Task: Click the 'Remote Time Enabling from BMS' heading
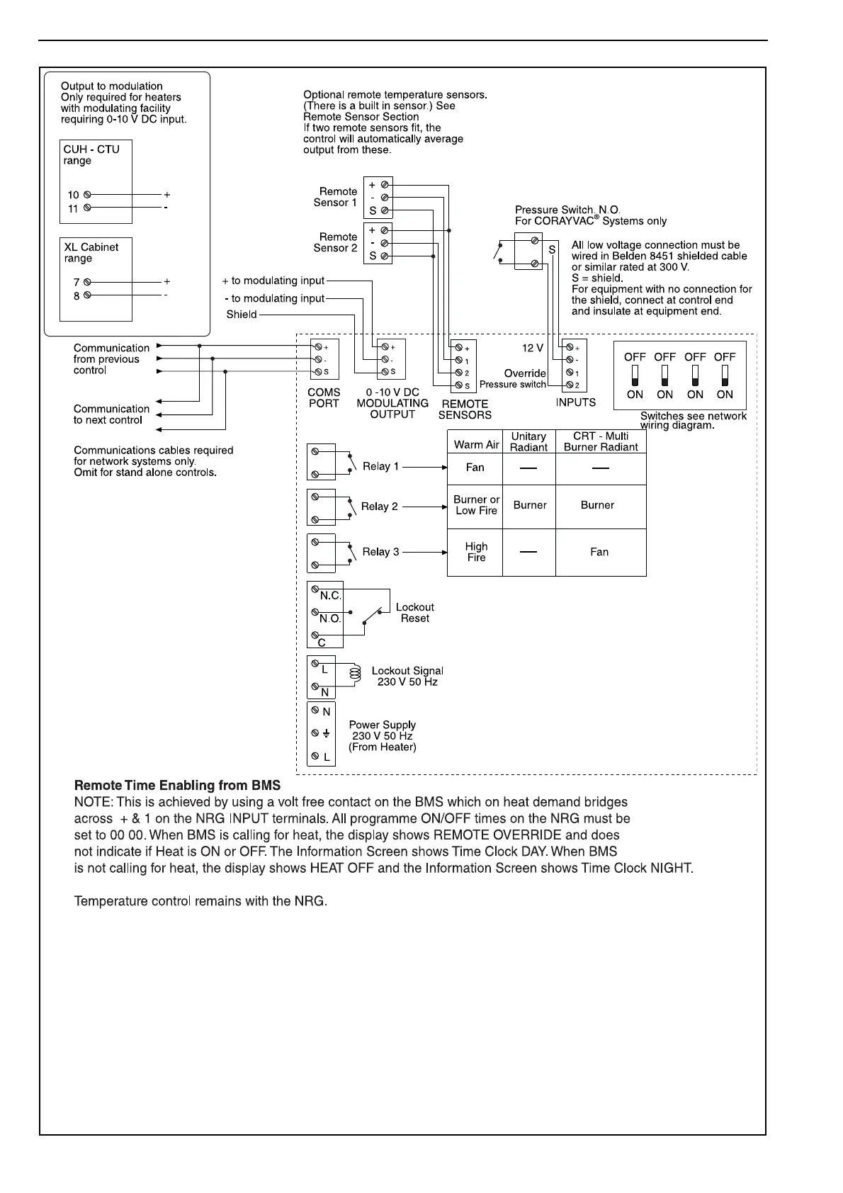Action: click(x=177, y=786)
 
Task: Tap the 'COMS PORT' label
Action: click(x=324, y=398)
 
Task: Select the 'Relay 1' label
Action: click(x=380, y=467)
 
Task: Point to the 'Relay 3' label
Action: click(x=380, y=552)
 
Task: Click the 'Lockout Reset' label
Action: click(x=414, y=613)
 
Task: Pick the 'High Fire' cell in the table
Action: click(x=476, y=552)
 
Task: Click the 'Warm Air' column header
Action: click(x=476, y=445)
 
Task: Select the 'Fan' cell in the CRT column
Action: click(x=599, y=552)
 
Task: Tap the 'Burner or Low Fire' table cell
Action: click(x=476, y=505)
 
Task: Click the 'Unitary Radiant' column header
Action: click(x=528, y=442)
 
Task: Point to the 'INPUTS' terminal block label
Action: click(x=576, y=402)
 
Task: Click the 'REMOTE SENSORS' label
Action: click(x=465, y=409)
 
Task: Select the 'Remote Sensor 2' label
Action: click(x=336, y=242)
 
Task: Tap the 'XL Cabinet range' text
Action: click(x=91, y=252)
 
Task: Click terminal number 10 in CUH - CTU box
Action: click(x=74, y=195)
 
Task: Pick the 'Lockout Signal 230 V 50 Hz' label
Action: click(x=407, y=677)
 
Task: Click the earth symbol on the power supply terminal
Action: click(x=326, y=734)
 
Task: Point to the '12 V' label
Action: click(x=533, y=349)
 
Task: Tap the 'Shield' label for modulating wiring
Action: click(x=242, y=315)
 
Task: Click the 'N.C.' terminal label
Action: click(x=330, y=596)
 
